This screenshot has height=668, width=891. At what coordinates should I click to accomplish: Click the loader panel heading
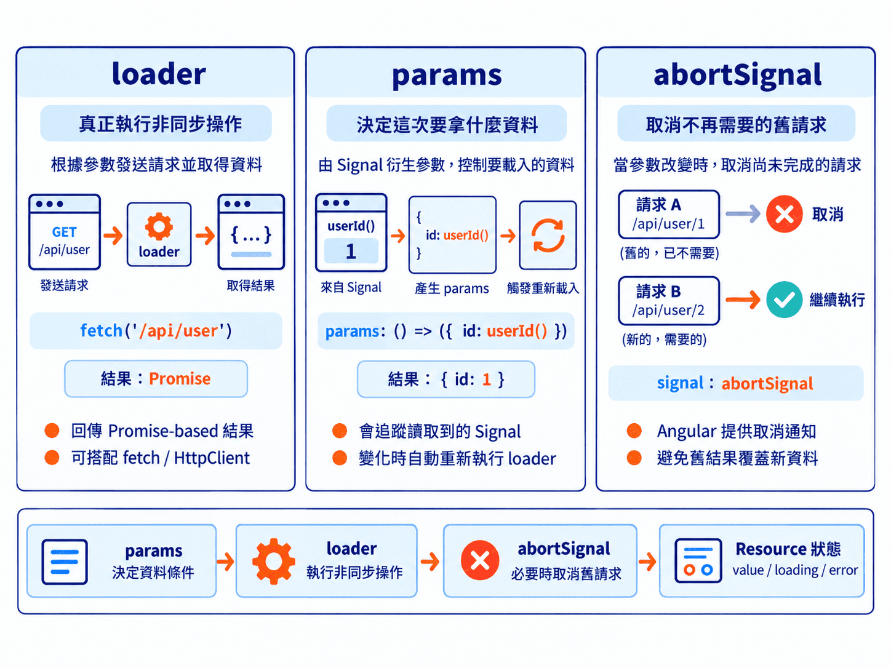pyautogui.click(x=159, y=74)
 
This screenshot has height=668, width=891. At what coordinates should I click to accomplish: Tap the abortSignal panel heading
pyautogui.click(x=737, y=76)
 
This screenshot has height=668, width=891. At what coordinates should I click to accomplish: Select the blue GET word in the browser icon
pyautogui.click(x=64, y=232)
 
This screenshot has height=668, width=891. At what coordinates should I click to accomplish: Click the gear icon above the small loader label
pyautogui.click(x=159, y=226)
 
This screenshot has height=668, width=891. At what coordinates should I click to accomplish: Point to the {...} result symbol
pyautogui.click(x=251, y=235)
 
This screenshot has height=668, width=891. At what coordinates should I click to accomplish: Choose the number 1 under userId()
pyautogui.click(x=351, y=251)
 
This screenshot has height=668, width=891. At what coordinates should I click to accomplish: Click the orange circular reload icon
pyautogui.click(x=548, y=236)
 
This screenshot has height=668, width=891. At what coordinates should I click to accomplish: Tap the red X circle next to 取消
pyautogui.click(x=785, y=213)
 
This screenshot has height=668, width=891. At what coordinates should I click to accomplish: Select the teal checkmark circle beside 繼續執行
pyautogui.click(x=785, y=300)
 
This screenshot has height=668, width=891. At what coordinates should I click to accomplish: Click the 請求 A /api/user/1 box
pyautogui.click(x=668, y=214)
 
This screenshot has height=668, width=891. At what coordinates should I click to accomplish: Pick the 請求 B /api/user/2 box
pyautogui.click(x=668, y=301)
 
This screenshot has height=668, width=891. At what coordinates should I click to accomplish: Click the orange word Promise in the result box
pyautogui.click(x=180, y=378)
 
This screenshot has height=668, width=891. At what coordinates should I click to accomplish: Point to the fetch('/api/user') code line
pyautogui.click(x=156, y=330)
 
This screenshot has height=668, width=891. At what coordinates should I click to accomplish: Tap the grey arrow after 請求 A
pyautogui.click(x=743, y=213)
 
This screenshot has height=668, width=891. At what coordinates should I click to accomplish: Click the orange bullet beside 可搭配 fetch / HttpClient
pyautogui.click(x=52, y=458)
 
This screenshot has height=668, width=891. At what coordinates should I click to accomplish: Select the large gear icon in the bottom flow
pyautogui.click(x=274, y=562)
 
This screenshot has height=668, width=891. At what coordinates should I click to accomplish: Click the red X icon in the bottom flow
pyautogui.click(x=480, y=560)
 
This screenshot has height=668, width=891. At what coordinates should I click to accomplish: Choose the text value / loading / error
pyautogui.click(x=795, y=570)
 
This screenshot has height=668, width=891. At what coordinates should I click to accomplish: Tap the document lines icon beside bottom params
pyautogui.click(x=65, y=562)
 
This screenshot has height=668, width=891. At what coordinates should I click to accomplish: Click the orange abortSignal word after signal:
pyautogui.click(x=767, y=383)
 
